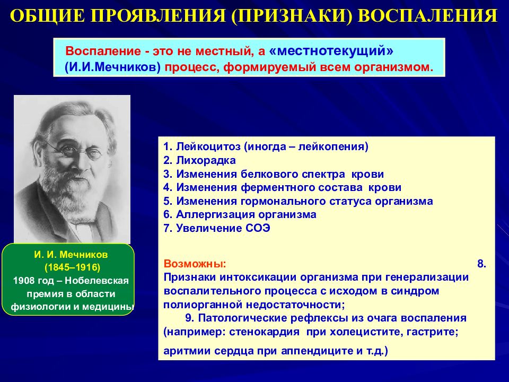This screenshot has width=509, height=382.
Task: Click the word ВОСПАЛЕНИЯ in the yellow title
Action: click(x=428, y=15)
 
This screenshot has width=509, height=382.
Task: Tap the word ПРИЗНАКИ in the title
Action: click(x=292, y=15)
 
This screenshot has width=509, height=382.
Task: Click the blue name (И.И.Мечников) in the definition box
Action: click(x=112, y=67)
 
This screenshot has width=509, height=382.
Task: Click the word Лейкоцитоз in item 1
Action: click(x=208, y=147)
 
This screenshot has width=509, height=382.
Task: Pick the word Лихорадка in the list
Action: click(x=206, y=160)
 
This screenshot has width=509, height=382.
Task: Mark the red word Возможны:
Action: click(x=195, y=264)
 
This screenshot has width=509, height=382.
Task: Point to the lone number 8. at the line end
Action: click(x=482, y=264)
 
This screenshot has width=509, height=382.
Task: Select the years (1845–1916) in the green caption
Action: click(x=72, y=267)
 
